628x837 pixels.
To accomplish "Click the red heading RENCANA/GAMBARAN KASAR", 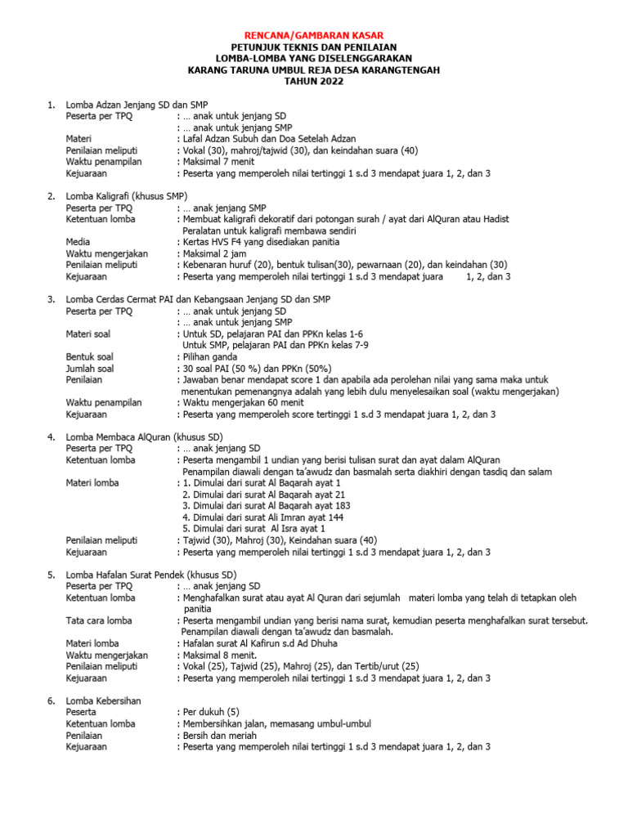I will point(314,35).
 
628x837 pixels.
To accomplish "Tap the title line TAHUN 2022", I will point(314,82).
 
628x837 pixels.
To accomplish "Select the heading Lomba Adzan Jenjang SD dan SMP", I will point(137,105).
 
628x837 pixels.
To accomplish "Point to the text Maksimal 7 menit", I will point(216,162).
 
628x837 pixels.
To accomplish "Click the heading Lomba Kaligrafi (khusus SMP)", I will point(127,196).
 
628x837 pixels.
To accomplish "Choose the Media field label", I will point(78,242).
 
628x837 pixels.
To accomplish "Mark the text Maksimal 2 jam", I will point(213,253).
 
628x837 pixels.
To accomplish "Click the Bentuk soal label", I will point(90,357).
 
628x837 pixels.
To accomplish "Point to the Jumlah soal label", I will point(90,369).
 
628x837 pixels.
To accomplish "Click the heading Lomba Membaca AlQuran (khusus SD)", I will point(144,437).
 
